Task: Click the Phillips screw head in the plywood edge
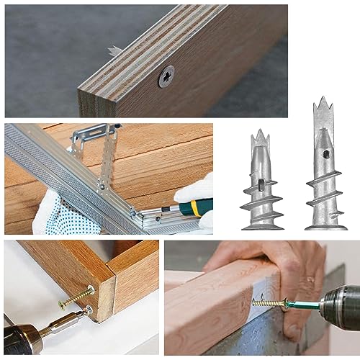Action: (166, 75)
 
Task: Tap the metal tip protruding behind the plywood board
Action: (114, 51)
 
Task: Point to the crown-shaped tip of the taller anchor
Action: (321, 104)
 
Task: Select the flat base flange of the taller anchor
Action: (325, 226)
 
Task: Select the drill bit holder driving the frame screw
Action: (60, 323)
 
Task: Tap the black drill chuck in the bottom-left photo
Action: (18, 338)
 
